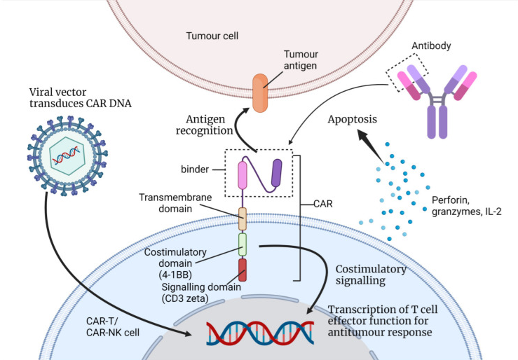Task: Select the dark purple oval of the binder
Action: pyautogui.click(x=277, y=173)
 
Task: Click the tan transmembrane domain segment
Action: pyautogui.click(x=243, y=219)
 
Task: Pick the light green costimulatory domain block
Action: pyautogui.click(x=243, y=246)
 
